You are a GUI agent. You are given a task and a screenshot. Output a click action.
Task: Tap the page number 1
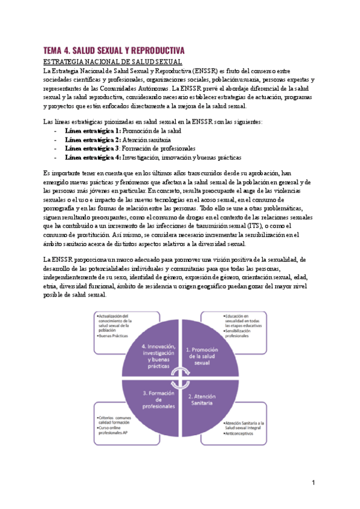313,482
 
